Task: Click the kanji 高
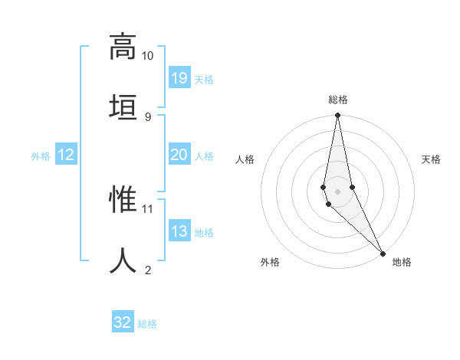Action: point(123,47)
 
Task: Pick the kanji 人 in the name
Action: point(123,260)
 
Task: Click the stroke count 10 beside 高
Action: point(147,56)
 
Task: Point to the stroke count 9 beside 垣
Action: point(147,116)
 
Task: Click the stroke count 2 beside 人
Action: point(147,270)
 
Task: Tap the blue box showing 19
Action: point(179,78)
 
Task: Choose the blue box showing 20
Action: point(179,155)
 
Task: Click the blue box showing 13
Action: point(179,231)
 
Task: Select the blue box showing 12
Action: point(66,155)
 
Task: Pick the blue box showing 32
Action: point(123,322)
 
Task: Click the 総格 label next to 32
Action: point(148,324)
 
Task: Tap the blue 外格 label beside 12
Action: point(41,156)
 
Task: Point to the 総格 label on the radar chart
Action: point(338,100)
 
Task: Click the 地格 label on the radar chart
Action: point(402,262)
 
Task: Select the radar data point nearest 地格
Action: point(383,253)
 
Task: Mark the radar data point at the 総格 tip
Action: point(337,116)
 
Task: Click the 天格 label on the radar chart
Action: point(431,159)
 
